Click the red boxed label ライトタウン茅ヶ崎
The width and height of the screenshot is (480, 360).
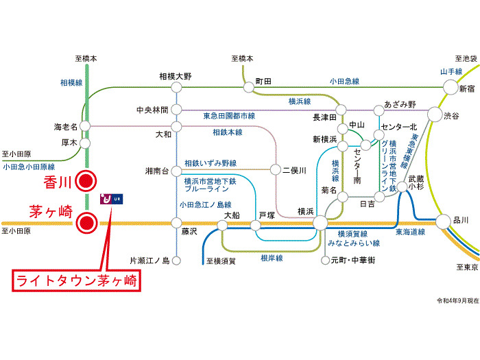[x=76, y=280]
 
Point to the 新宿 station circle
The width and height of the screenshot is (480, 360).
[x=450, y=87]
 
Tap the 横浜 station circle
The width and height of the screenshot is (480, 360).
[x=320, y=222]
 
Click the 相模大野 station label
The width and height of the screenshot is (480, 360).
[x=176, y=76]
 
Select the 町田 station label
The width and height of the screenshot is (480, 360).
[x=263, y=81]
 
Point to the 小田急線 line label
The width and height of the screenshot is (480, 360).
[x=344, y=81]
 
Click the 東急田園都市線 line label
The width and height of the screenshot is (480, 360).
[x=229, y=115]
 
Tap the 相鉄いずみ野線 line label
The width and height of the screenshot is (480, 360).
[x=211, y=163]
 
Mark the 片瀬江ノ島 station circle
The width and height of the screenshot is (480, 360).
[x=176, y=261]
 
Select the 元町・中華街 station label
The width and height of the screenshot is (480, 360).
[x=352, y=261]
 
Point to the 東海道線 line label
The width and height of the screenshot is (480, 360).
[x=409, y=233]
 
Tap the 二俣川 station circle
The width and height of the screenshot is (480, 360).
[x=276, y=169]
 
